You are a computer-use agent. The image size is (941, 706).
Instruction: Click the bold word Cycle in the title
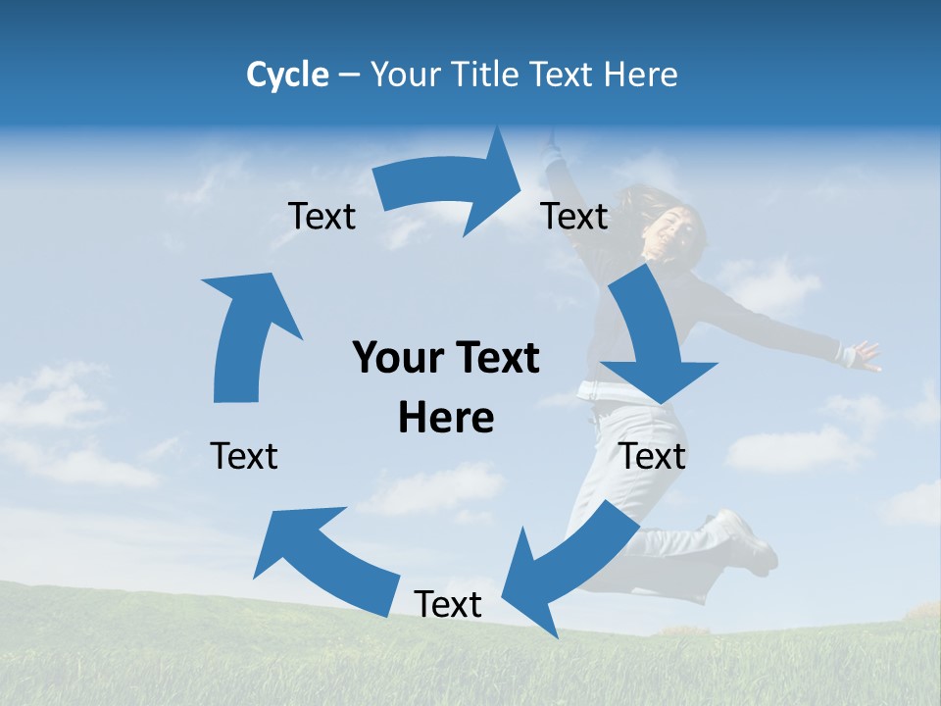point(287,75)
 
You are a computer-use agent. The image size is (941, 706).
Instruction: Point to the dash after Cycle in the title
point(349,76)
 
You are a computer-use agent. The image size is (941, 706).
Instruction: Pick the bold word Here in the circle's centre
point(446,418)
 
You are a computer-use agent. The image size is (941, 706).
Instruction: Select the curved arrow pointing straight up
point(245,333)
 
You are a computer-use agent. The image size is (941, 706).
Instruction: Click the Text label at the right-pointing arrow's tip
point(574,216)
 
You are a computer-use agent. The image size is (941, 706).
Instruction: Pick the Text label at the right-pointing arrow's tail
point(322,217)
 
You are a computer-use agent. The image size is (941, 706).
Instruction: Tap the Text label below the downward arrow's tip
point(653,456)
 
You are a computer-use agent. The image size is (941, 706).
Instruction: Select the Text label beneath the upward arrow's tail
point(244,456)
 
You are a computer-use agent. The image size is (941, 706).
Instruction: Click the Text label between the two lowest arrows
point(448,604)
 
